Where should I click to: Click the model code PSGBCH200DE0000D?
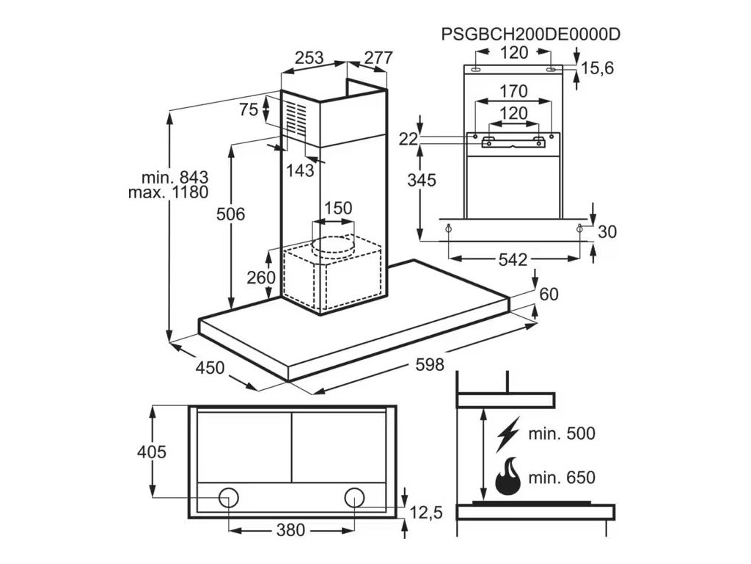tap(531, 35)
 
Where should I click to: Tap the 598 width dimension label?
tap(430, 365)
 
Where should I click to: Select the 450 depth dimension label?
tap(210, 368)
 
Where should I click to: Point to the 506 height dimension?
tap(230, 214)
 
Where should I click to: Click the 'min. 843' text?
tap(175, 178)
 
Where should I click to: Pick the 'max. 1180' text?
tap(168, 192)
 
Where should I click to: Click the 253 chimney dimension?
tap(309, 58)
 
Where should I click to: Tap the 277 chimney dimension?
tap(378, 58)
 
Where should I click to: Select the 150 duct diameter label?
tap(338, 208)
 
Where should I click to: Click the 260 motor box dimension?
tap(261, 277)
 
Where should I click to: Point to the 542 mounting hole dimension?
tap(513, 259)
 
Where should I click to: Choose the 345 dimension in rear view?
tap(422, 181)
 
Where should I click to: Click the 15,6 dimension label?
tap(597, 68)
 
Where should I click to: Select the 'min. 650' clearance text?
tap(562, 477)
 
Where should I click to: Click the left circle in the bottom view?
tap(229, 498)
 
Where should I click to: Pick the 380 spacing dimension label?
tap(290, 529)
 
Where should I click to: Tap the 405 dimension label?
tap(152, 452)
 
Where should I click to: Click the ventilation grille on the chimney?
tap(296, 118)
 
